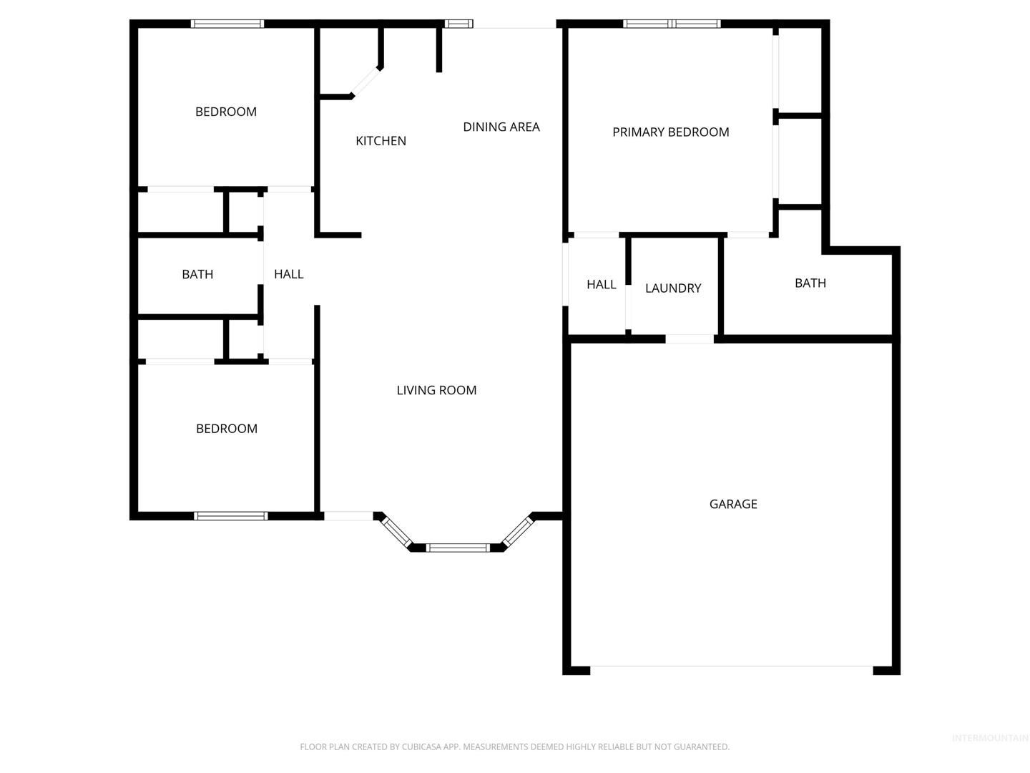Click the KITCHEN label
[381, 141]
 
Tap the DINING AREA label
[501, 127]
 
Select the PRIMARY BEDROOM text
[670, 132]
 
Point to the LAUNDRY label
[673, 288]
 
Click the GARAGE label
[733, 504]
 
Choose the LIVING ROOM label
[436, 390]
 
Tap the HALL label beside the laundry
[601, 284]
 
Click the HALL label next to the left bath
[288, 274]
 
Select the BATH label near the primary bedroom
[810, 283]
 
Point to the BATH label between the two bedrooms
[197, 274]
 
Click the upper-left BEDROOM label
[226, 112]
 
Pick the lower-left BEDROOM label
[227, 429]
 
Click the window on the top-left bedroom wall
[227, 24]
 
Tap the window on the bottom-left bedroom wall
[231, 516]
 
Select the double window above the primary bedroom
[672, 24]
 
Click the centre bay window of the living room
[458, 548]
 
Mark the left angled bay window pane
[397, 531]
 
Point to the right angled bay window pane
[518, 531]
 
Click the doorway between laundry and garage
[690, 339]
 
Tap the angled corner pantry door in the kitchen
[366, 82]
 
